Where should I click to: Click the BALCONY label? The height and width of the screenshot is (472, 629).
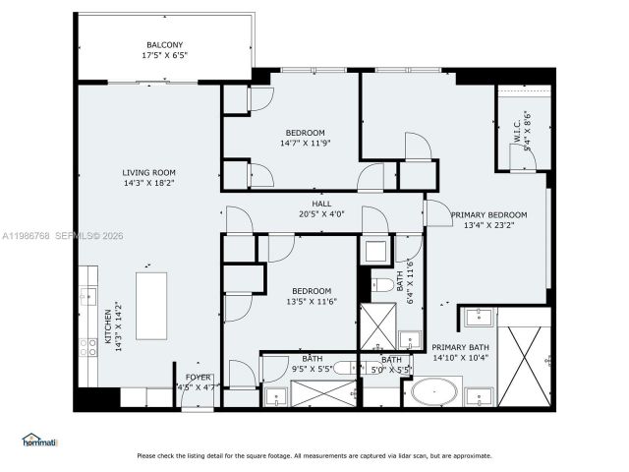[x=164, y=45]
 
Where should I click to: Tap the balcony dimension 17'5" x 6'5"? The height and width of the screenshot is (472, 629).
[x=164, y=56]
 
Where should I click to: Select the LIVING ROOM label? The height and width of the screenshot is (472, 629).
[x=149, y=172]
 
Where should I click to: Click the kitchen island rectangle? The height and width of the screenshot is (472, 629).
[x=152, y=306]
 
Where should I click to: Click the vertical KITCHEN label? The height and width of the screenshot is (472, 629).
[x=109, y=331]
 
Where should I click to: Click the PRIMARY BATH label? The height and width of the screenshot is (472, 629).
[x=460, y=346]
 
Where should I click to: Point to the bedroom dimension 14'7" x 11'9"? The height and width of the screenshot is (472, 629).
[x=305, y=144]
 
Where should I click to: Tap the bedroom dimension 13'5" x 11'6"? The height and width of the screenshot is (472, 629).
[x=311, y=302]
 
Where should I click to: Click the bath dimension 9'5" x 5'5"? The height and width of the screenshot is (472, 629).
[x=313, y=370]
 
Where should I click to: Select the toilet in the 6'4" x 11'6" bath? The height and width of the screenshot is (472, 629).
[x=379, y=286]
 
